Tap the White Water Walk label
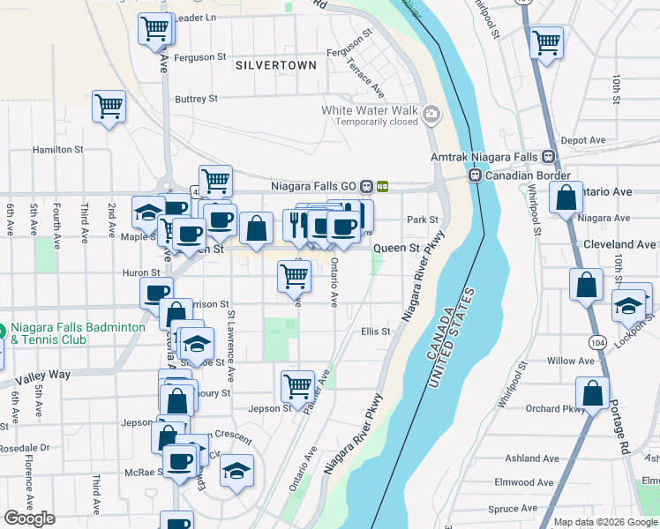pyautogui.click(x=369, y=111)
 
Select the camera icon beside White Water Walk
pyautogui.click(x=431, y=113)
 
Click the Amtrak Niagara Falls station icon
pyautogui.click(x=548, y=157)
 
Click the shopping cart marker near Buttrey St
pyautogui.click(x=109, y=107)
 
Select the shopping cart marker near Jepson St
pyautogui.click(x=298, y=385)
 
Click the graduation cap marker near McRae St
pyautogui.click(x=236, y=472)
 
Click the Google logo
pyautogui.click(x=29, y=518)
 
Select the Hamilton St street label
pyautogui.click(x=57, y=150)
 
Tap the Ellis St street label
pyautogui.click(x=376, y=332)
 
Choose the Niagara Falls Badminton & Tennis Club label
pyautogui.click(x=78, y=333)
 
